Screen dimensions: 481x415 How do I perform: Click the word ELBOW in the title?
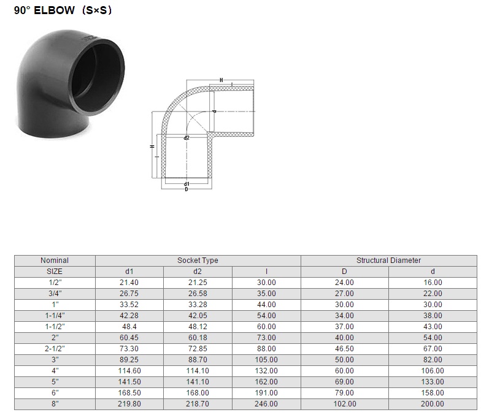coord(54,10)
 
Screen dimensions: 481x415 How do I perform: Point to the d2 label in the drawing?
coord(187,138)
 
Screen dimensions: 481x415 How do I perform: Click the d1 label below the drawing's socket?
coord(187,184)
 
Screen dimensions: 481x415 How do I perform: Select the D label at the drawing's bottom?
coord(187,189)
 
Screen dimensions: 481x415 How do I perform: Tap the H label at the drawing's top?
coord(221,80)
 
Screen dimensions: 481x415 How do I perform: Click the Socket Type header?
coord(198,260)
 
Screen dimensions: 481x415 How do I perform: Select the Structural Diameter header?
coord(388,260)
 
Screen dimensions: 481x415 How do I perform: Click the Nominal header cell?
coord(55,260)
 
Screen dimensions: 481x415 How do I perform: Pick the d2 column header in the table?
coord(198,271)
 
